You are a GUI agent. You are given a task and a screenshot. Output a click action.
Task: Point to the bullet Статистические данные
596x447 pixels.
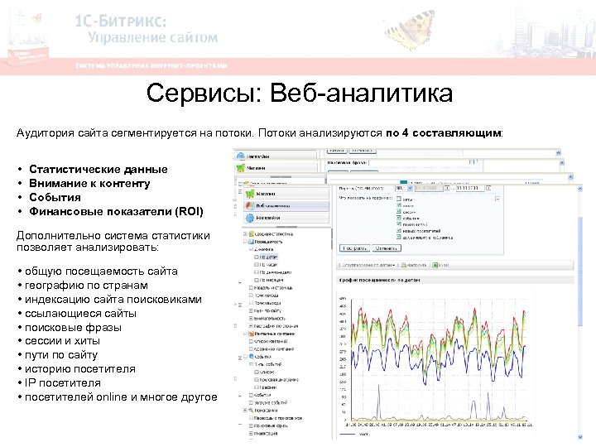pos(98,169)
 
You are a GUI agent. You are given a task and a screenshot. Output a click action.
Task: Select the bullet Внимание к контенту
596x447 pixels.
pos(89,183)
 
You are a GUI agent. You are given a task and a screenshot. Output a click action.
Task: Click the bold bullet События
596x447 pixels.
pos(55,197)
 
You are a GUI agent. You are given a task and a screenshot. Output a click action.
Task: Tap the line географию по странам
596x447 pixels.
pos(82,285)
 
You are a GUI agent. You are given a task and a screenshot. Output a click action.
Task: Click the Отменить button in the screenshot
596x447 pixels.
pos(386,247)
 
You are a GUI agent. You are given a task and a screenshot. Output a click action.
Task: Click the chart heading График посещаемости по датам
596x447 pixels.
pos(373,281)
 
